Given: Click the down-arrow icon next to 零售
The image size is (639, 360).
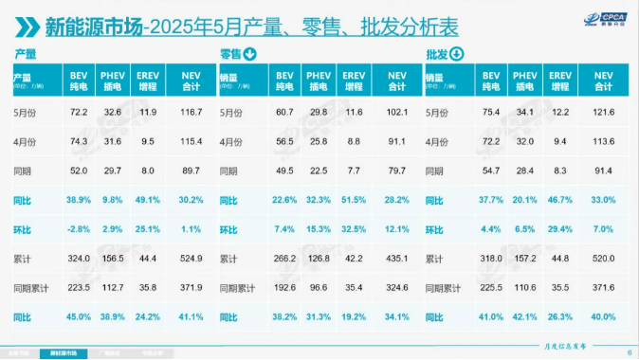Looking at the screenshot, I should click(250, 54).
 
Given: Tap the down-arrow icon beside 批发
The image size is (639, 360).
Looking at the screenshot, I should click(456, 54).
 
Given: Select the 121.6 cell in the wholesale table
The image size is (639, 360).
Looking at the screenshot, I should click(602, 112).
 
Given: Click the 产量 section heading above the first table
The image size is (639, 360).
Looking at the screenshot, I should click(26, 54).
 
